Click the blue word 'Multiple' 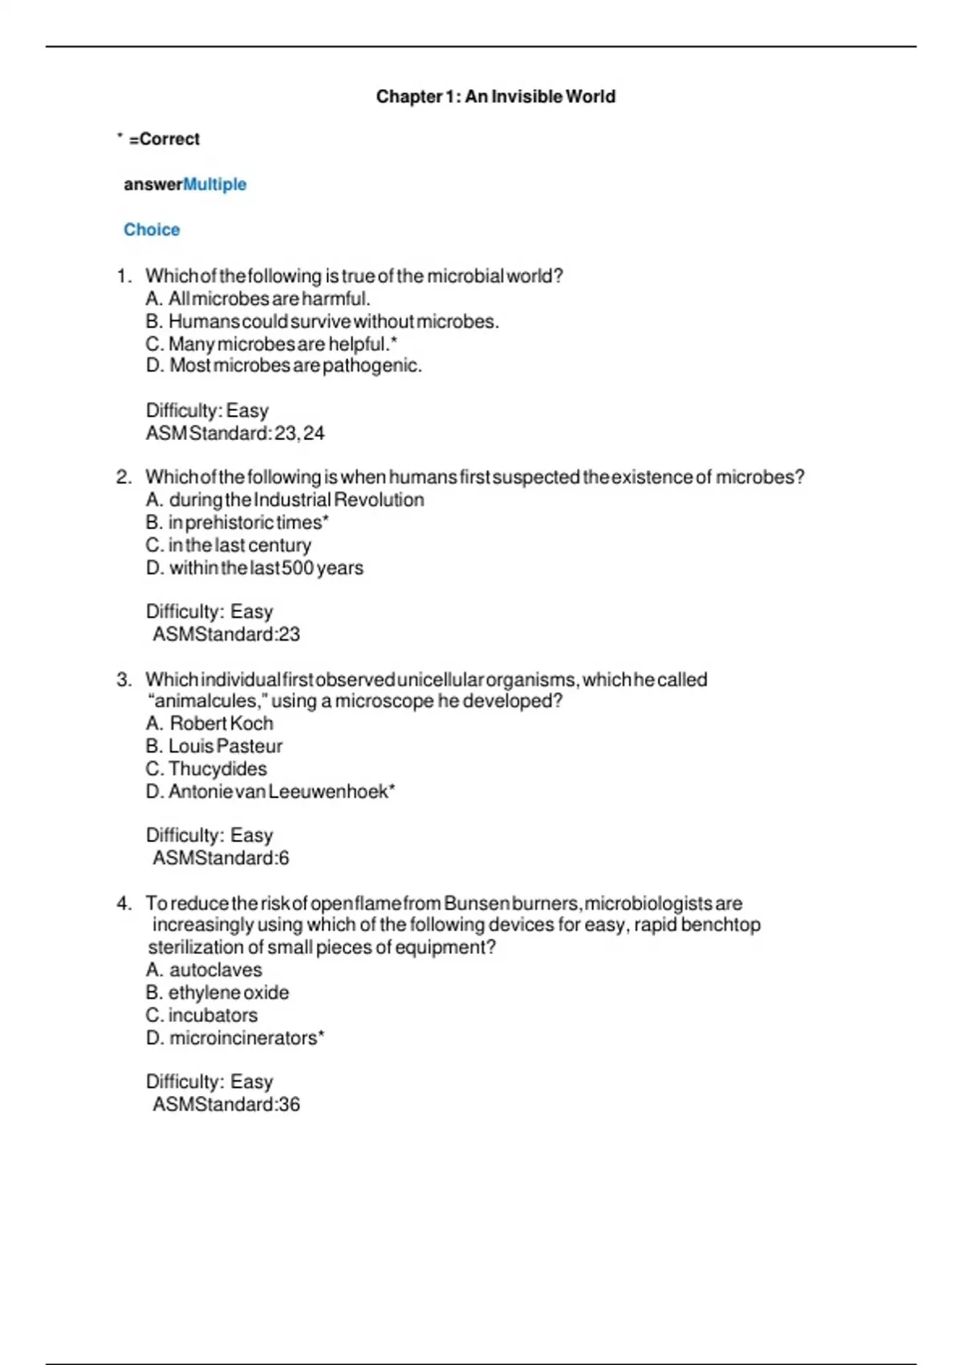(x=214, y=184)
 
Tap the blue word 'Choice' (x=152, y=230)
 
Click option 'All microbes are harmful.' (x=258, y=299)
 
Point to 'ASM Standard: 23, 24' (x=235, y=433)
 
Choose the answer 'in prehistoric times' (x=238, y=522)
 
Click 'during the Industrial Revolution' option (x=285, y=499)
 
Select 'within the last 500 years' (x=254, y=568)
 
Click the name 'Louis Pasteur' (x=214, y=746)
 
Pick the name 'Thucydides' (x=206, y=768)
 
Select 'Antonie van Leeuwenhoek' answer (x=270, y=791)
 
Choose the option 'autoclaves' (x=204, y=969)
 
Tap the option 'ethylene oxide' (x=217, y=992)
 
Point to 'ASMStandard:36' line (x=226, y=1104)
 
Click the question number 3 (x=124, y=679)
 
